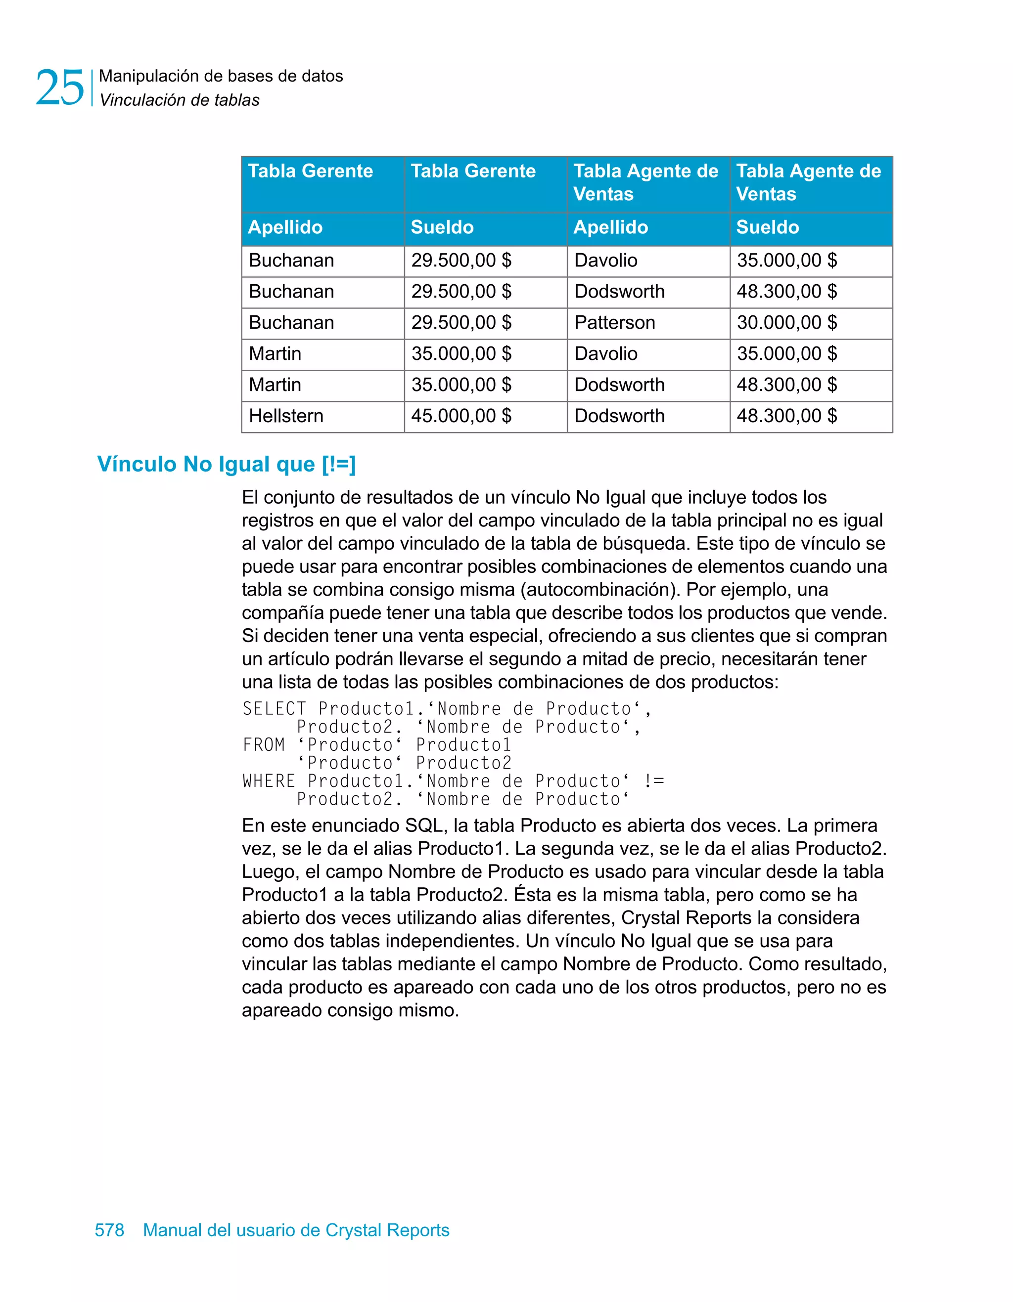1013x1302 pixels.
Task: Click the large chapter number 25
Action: (60, 87)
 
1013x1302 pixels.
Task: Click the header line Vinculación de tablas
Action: (179, 100)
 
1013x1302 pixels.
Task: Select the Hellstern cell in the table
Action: (286, 416)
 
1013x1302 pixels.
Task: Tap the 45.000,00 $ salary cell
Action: (461, 416)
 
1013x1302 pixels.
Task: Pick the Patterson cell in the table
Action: (614, 322)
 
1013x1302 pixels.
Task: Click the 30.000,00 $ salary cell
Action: (786, 322)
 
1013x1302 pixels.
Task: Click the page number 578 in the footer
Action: (109, 1230)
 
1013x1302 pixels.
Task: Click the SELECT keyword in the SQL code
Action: (274, 709)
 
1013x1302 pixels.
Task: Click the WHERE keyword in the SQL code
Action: (269, 781)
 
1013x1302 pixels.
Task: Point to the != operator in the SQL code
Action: (654, 781)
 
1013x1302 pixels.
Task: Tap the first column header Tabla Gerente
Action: (310, 171)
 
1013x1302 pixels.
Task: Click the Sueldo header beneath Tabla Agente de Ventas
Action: (767, 227)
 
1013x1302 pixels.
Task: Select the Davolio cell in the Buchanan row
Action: (605, 260)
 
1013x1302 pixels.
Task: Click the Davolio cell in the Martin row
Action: (605, 353)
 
